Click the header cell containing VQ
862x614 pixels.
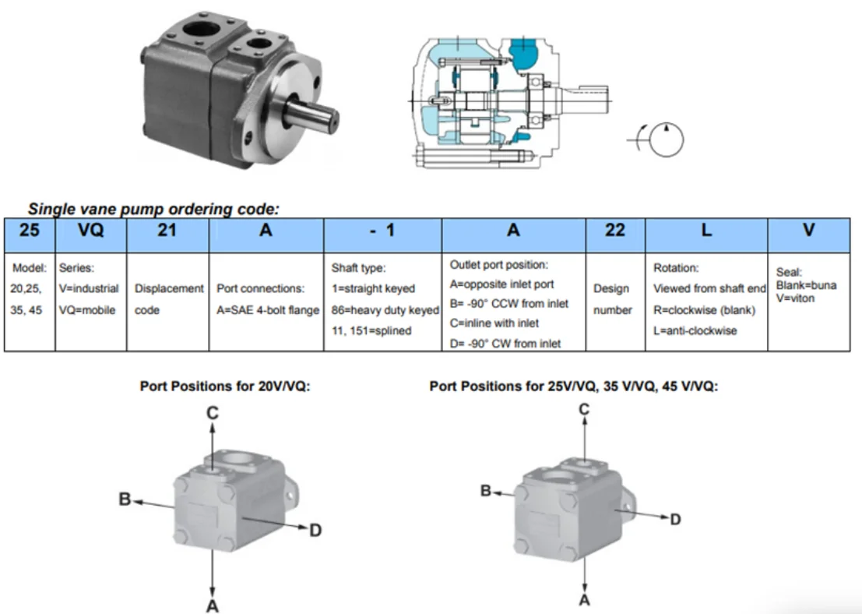click(x=90, y=235)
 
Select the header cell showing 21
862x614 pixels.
click(x=167, y=235)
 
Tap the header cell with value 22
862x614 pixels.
click(x=615, y=235)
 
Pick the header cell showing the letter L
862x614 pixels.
click(x=706, y=235)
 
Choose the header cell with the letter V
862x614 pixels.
click(x=809, y=235)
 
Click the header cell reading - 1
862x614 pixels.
click(x=382, y=235)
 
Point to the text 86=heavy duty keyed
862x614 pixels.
click(x=385, y=310)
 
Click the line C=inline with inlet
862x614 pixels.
click(x=494, y=323)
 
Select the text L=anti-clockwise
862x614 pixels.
click(x=695, y=330)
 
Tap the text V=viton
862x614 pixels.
click(x=795, y=298)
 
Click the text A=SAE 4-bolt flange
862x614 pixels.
click(x=268, y=310)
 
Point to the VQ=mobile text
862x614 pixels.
click(x=87, y=310)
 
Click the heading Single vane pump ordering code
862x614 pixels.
click(x=153, y=209)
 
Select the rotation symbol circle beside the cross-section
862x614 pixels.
click(x=667, y=139)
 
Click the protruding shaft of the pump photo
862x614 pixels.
click(x=311, y=115)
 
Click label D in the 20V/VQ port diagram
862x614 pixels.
click(x=315, y=531)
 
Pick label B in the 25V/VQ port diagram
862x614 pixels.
click(x=485, y=491)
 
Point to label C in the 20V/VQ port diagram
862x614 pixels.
click(x=213, y=413)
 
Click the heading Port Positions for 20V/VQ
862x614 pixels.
click(x=225, y=386)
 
